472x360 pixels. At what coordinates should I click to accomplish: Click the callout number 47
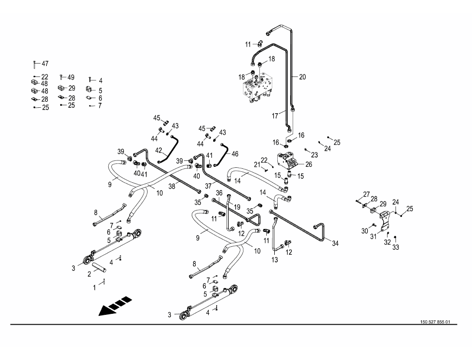45,64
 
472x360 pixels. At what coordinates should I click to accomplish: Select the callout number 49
71,77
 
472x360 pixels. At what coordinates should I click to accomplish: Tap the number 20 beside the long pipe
303,76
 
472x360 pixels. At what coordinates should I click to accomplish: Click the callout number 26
309,164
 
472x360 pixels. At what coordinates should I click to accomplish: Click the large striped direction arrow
115,305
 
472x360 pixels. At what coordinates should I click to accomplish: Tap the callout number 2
89,274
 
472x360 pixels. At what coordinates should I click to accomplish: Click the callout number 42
159,149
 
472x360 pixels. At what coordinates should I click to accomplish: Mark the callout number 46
235,154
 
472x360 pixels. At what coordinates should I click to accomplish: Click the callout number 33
395,247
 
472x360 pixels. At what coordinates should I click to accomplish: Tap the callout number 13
275,259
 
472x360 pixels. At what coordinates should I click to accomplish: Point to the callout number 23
315,154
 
